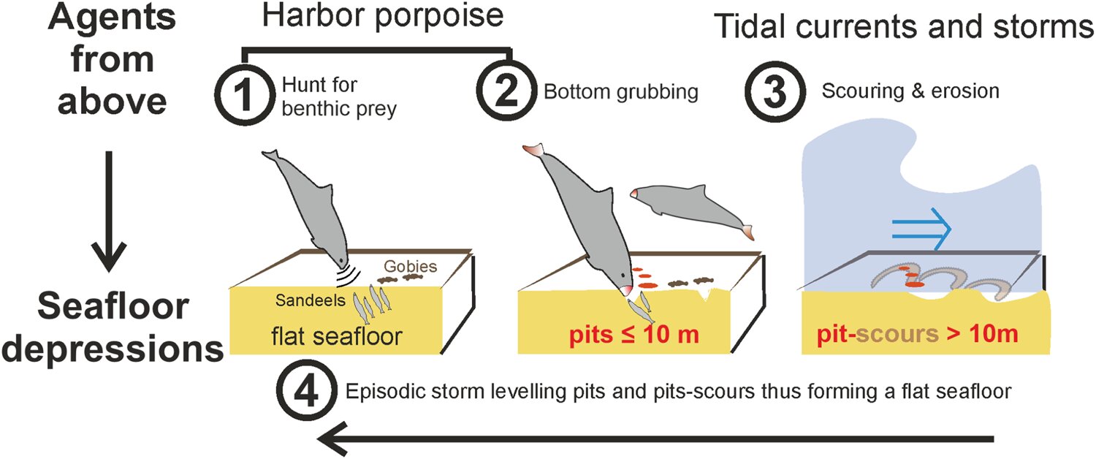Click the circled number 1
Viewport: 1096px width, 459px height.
[243, 95]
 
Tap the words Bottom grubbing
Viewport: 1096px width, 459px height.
[620, 92]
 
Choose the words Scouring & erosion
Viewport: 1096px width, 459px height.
[910, 92]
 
